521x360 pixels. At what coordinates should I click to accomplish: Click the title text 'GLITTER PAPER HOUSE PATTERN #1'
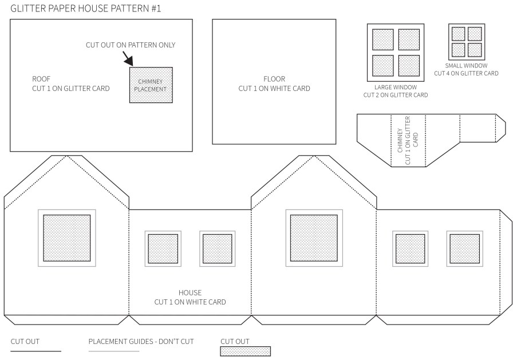pos(86,9)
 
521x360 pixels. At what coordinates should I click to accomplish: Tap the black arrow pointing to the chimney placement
pos(128,58)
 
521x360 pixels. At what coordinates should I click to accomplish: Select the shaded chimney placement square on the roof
pos(151,85)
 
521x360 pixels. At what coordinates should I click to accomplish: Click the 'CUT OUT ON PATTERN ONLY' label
pos(131,45)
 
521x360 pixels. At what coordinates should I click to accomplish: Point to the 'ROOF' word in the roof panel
pos(41,79)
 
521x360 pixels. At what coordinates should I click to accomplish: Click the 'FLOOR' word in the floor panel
pos(274,79)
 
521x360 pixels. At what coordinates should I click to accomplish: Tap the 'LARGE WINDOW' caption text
pos(396,88)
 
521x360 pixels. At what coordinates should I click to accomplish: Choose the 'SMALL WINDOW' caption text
pos(466,66)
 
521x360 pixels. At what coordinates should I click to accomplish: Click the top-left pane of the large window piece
pos(383,39)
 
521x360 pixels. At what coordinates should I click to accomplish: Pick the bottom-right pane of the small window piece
pos(475,50)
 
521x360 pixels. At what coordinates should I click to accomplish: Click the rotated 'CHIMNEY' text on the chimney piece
pos(400,140)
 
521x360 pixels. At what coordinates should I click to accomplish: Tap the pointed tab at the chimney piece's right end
pos(501,128)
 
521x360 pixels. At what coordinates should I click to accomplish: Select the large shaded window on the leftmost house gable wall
pos(67,238)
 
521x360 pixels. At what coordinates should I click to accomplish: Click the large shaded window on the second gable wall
pos(314,238)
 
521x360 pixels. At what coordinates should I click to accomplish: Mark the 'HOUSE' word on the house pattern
pos(190,293)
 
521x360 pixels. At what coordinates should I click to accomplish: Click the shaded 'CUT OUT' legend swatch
pos(245,351)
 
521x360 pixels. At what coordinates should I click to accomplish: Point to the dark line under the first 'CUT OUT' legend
pos(36,351)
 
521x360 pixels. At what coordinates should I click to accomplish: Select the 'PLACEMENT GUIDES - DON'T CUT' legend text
pos(141,342)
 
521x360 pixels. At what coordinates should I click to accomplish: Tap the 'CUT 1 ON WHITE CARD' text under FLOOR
pos(274,89)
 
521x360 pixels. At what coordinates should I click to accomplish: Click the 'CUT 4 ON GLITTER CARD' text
pos(466,73)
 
